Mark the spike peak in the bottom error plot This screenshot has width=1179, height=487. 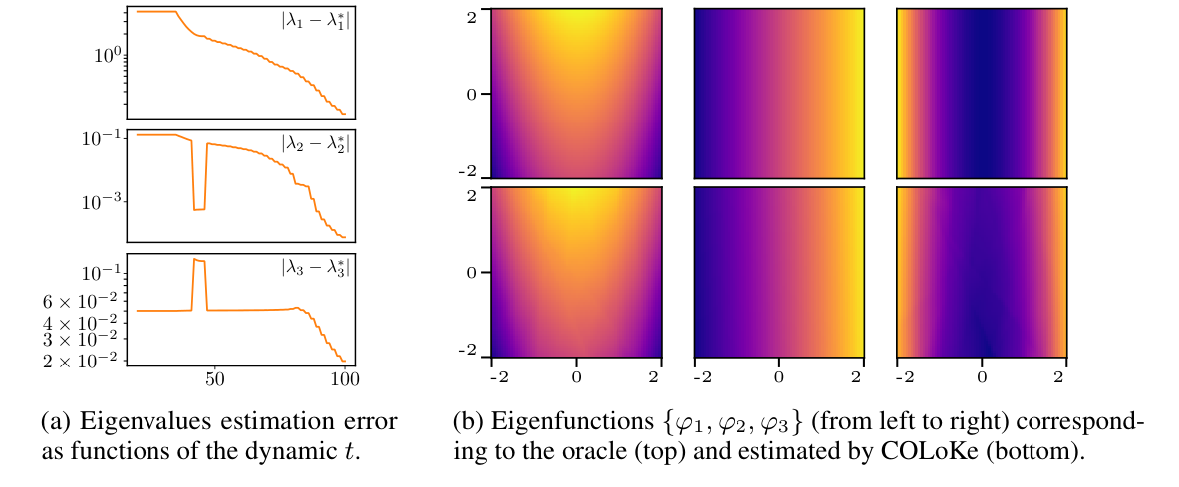pos(198,260)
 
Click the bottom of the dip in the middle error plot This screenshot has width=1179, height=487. pos(198,209)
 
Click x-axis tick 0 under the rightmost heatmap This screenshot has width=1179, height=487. pos(982,378)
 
